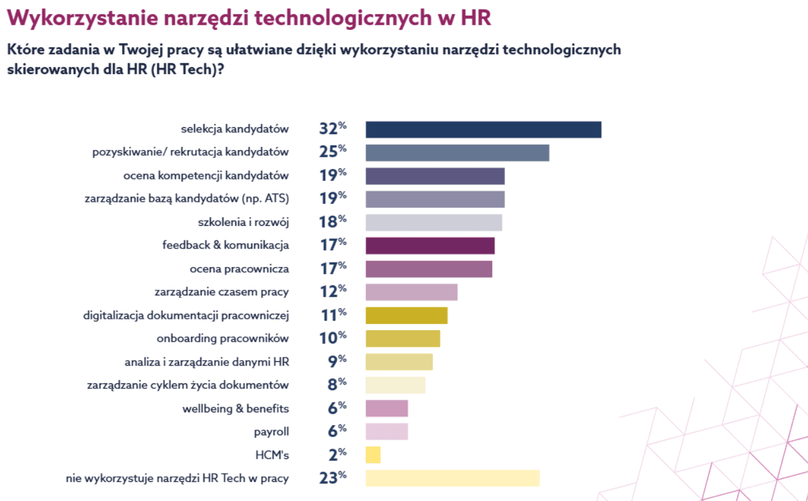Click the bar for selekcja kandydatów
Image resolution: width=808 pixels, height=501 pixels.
point(483,130)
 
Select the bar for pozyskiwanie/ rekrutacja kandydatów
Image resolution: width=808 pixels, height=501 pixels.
point(457,153)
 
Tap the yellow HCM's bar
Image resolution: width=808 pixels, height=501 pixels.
point(373,455)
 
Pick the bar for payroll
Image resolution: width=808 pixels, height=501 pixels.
point(387,431)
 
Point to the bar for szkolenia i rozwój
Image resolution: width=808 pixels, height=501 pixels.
point(433,223)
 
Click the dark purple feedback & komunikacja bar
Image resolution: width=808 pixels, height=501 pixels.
point(430,245)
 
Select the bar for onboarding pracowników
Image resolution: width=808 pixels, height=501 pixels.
point(402,338)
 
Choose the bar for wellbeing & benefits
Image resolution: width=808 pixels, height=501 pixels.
point(387,409)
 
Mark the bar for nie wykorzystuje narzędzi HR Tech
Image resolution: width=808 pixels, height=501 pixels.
point(452,478)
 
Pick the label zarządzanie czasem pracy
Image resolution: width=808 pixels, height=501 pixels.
point(221,292)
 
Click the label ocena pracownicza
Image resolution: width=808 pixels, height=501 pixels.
point(239,269)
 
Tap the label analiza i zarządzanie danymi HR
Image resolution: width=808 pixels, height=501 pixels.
point(207,362)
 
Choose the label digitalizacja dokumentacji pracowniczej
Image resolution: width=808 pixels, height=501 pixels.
point(186,315)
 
